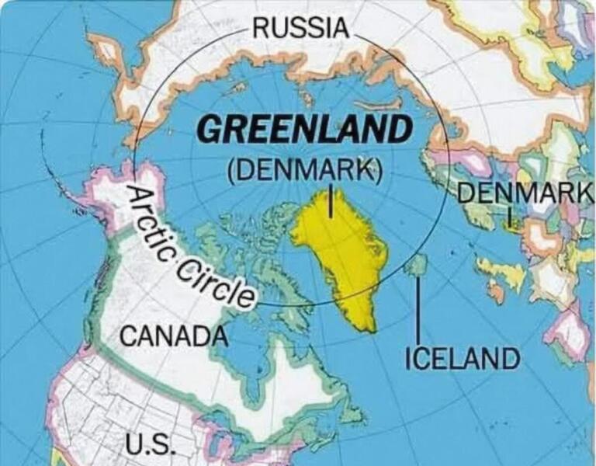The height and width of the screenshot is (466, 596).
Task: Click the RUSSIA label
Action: (x=301, y=28)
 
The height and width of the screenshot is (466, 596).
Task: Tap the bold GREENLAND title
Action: (x=303, y=129)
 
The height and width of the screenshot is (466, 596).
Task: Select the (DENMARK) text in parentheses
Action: (x=305, y=170)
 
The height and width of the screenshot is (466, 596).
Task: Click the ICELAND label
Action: (x=463, y=359)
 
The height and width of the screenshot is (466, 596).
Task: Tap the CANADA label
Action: (x=175, y=337)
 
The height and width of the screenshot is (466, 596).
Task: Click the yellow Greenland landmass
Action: (x=345, y=249)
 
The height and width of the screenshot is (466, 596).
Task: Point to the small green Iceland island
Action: (x=417, y=266)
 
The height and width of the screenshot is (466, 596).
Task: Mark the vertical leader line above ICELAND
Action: (x=419, y=311)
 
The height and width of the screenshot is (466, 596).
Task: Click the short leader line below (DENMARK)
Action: (x=331, y=200)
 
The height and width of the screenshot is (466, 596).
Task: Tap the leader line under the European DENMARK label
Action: (x=510, y=215)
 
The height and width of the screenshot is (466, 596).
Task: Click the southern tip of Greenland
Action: (x=371, y=329)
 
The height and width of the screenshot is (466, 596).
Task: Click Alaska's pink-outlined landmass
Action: (x=116, y=198)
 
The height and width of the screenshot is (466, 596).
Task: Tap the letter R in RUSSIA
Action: (x=262, y=28)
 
